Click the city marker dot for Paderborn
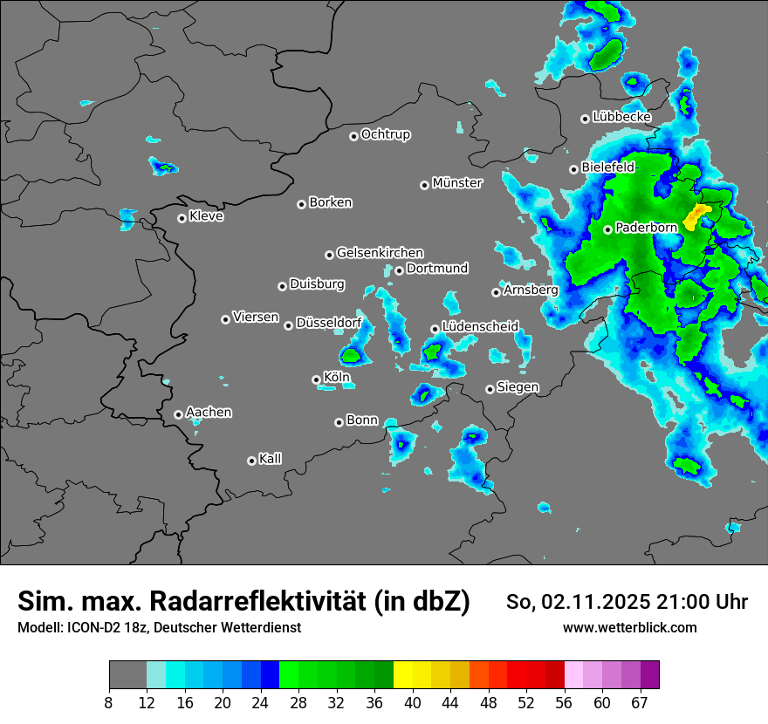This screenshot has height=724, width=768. coord(608,229)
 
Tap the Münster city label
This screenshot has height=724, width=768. coord(457,183)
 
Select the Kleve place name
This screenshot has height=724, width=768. coord(207,216)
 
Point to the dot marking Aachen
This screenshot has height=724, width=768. coord(179,414)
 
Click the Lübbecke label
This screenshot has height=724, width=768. coord(622,117)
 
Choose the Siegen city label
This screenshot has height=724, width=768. coord(518,387)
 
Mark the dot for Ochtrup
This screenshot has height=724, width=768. coord(354,136)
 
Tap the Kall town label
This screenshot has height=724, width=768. coord(271,459)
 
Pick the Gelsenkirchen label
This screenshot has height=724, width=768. coord(380,253)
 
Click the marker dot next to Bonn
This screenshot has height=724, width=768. coord(339,422)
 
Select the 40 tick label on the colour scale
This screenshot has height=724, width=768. coord(413,702)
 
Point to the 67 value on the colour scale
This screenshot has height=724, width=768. coord(640,702)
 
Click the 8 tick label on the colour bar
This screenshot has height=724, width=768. coord(109,702)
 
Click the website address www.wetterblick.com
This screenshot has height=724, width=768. coord(630,627)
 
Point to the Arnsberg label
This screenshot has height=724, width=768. coord(531,290)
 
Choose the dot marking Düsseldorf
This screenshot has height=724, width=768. coord(289,325)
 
